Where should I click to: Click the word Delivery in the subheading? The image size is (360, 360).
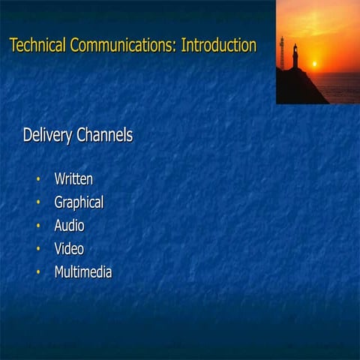[x=48, y=136]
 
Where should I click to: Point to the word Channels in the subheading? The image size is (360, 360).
[x=105, y=136]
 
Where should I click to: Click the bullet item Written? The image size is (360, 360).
[x=73, y=179]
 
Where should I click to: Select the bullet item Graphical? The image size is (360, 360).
[x=79, y=202]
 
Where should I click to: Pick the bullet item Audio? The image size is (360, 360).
[x=69, y=226]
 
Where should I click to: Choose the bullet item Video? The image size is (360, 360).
[x=69, y=249]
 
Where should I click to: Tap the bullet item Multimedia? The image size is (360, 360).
[x=83, y=272]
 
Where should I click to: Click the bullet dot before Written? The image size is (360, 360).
[x=37, y=180]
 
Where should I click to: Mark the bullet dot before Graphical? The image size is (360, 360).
[x=37, y=203]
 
